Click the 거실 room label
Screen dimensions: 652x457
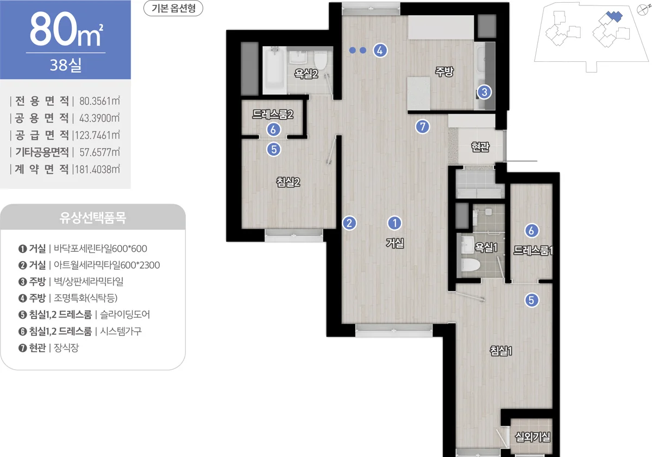(x=394, y=243)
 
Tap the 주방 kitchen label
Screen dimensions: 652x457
(x=444, y=72)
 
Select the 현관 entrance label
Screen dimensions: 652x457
(x=480, y=147)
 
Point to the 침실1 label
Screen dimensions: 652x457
(x=500, y=351)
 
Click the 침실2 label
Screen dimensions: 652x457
(x=288, y=182)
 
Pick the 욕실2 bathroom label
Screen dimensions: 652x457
(x=306, y=74)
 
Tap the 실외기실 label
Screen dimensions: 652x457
(x=532, y=437)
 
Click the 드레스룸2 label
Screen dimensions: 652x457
(x=273, y=114)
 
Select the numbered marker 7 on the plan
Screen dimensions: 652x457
(x=422, y=126)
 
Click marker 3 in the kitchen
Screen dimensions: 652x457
(x=484, y=92)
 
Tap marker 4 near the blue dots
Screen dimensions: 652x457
(x=380, y=50)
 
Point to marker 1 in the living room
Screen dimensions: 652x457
(x=394, y=223)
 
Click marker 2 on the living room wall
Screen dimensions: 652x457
(x=349, y=223)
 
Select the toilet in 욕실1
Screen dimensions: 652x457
(x=471, y=265)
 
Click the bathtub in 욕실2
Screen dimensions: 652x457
(x=274, y=70)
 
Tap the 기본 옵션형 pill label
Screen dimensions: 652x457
(x=173, y=8)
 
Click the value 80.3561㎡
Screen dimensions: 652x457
(x=99, y=101)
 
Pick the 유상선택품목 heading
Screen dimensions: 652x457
(x=93, y=218)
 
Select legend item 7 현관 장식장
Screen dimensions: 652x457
(x=48, y=348)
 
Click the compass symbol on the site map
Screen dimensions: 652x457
(x=642, y=10)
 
